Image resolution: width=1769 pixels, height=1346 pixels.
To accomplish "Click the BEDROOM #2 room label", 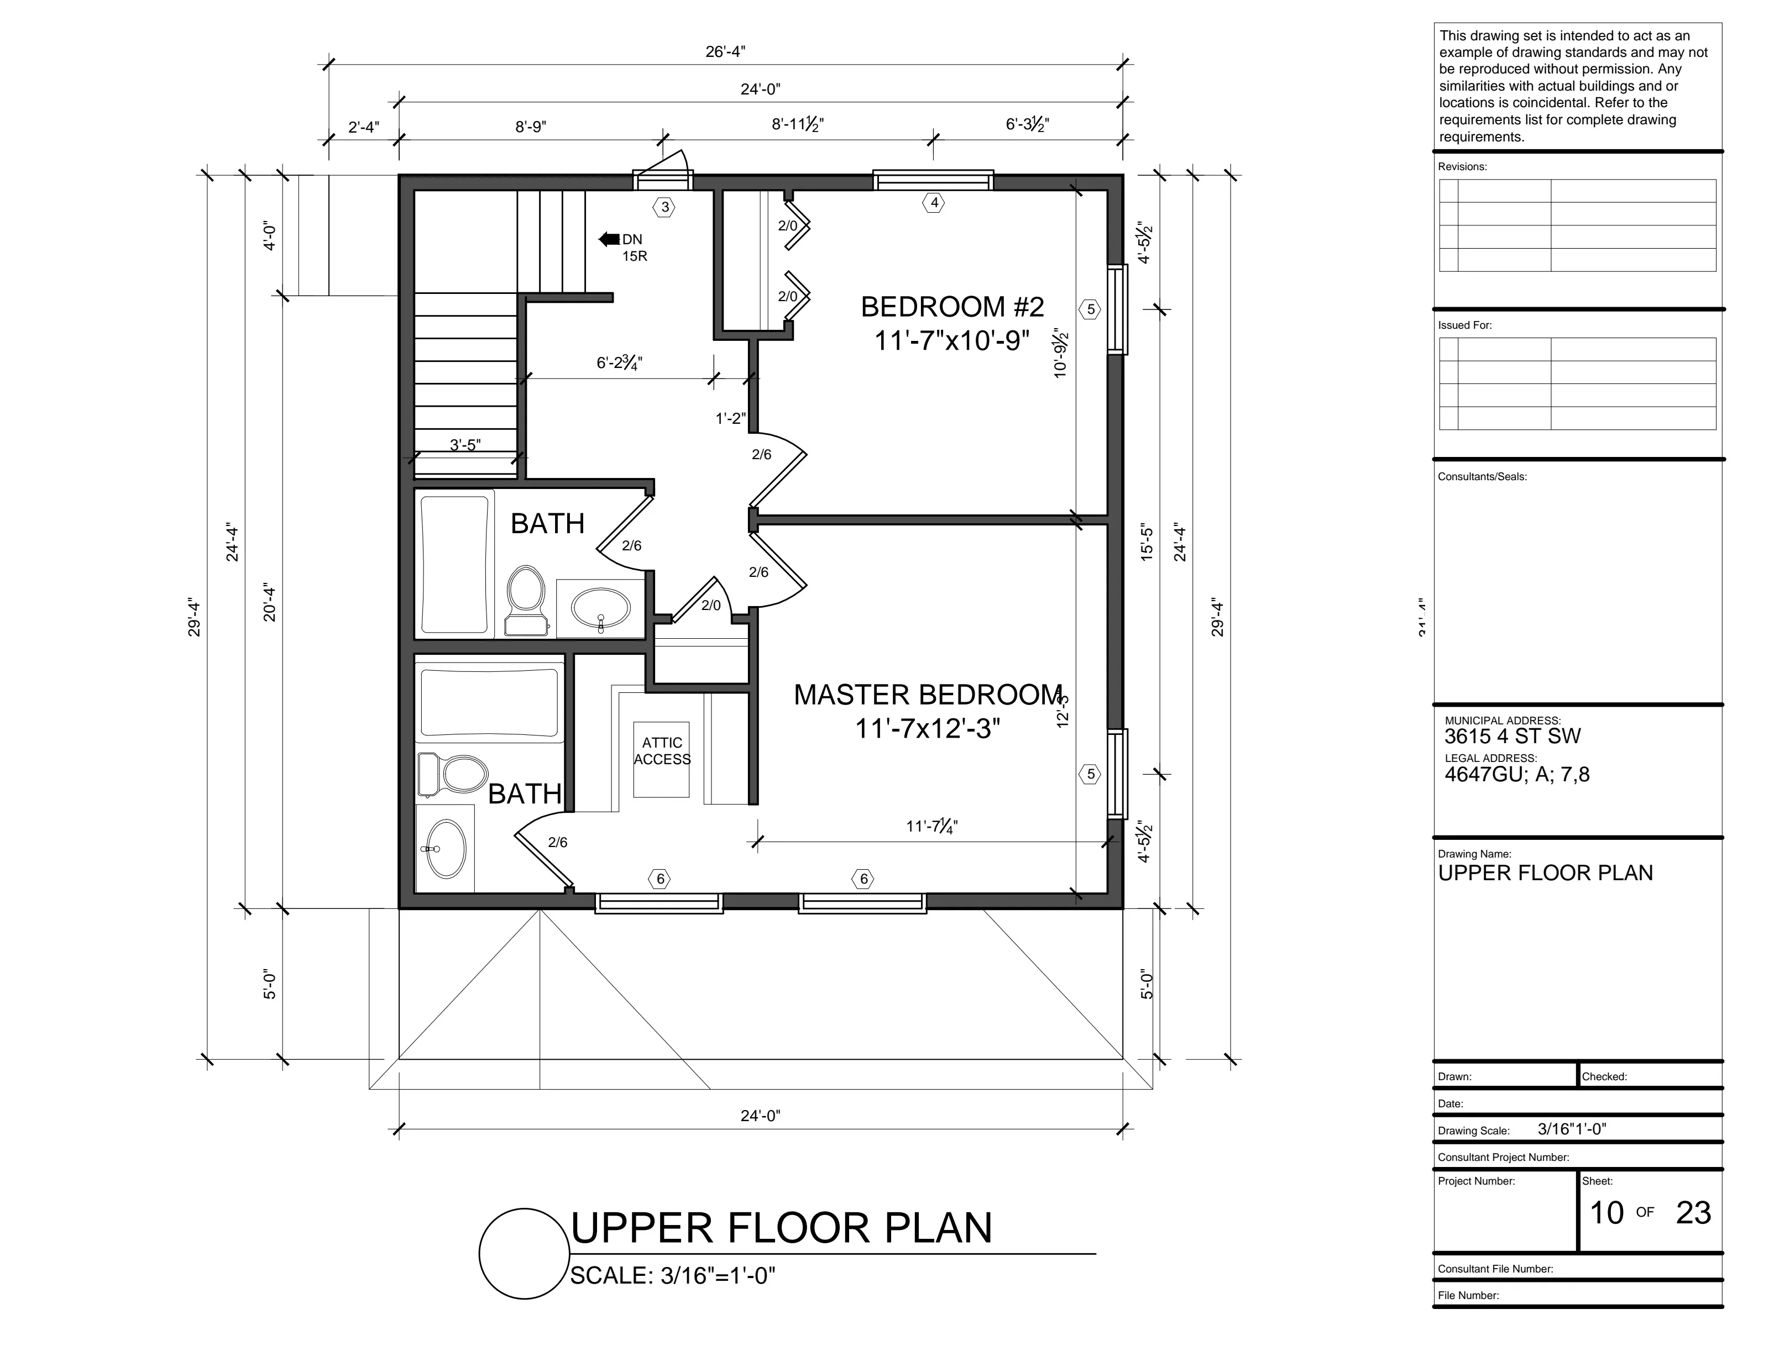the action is click(952, 307).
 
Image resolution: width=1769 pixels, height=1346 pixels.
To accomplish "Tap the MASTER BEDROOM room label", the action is click(928, 695).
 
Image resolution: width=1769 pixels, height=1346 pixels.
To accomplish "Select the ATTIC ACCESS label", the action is click(662, 751).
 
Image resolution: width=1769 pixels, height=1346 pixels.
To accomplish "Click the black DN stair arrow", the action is click(609, 239).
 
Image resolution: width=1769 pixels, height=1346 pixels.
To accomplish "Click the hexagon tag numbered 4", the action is click(934, 203).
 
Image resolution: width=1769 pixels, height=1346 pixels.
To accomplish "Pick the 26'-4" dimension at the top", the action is click(725, 52).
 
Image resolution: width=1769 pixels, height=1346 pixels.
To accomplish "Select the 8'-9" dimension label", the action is click(531, 127).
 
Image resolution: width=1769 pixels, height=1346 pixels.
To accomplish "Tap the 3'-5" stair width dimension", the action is click(465, 445).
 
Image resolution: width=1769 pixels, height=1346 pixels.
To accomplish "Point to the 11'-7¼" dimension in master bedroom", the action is click(932, 826).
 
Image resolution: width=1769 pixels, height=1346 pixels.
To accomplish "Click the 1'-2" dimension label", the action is click(731, 418).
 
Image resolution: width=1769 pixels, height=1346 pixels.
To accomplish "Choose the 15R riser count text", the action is click(635, 256).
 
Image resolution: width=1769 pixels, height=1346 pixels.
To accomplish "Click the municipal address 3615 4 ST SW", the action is click(1512, 737).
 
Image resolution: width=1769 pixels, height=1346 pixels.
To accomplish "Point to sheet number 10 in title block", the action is click(1606, 1213).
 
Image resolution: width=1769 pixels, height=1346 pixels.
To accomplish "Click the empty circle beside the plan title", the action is click(524, 1253).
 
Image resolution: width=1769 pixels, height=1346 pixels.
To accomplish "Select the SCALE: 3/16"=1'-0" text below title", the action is click(672, 1275).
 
